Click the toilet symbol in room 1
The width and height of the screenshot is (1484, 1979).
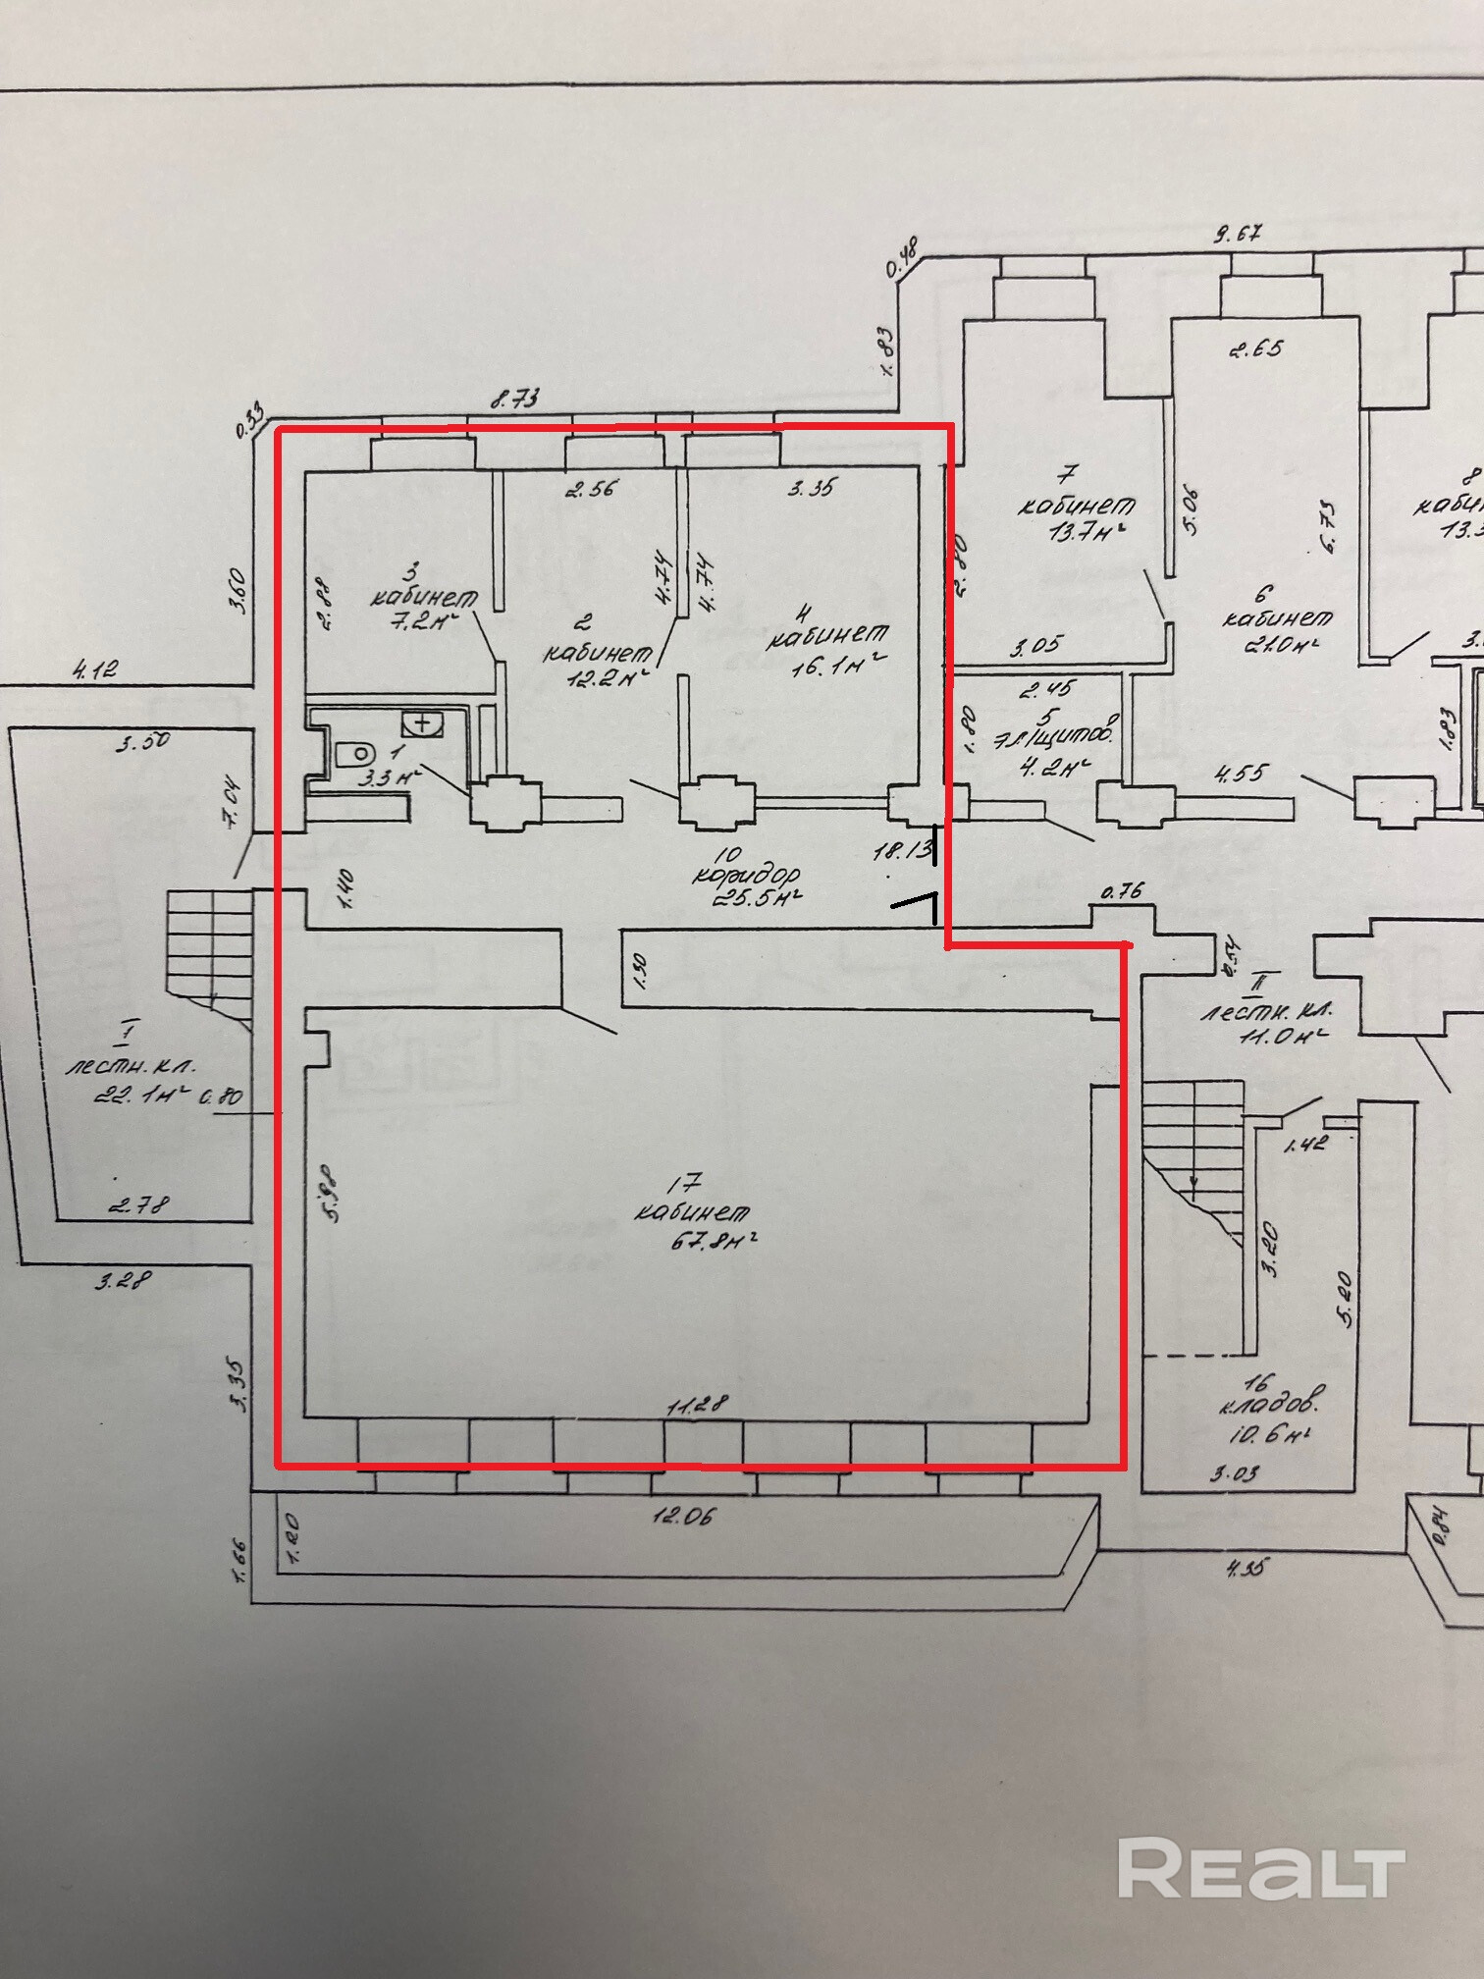point(356,754)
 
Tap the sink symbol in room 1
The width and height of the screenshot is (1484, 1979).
point(423,724)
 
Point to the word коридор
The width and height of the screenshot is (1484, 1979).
point(747,876)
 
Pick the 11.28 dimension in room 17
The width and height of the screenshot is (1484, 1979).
point(697,1406)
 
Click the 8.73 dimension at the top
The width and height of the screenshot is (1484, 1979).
point(516,399)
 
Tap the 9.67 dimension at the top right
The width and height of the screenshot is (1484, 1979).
point(1239,235)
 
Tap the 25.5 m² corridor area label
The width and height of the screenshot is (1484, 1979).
point(768,898)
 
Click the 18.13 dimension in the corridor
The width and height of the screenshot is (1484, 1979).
point(901,851)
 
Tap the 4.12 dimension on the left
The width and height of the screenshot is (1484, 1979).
point(94,669)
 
